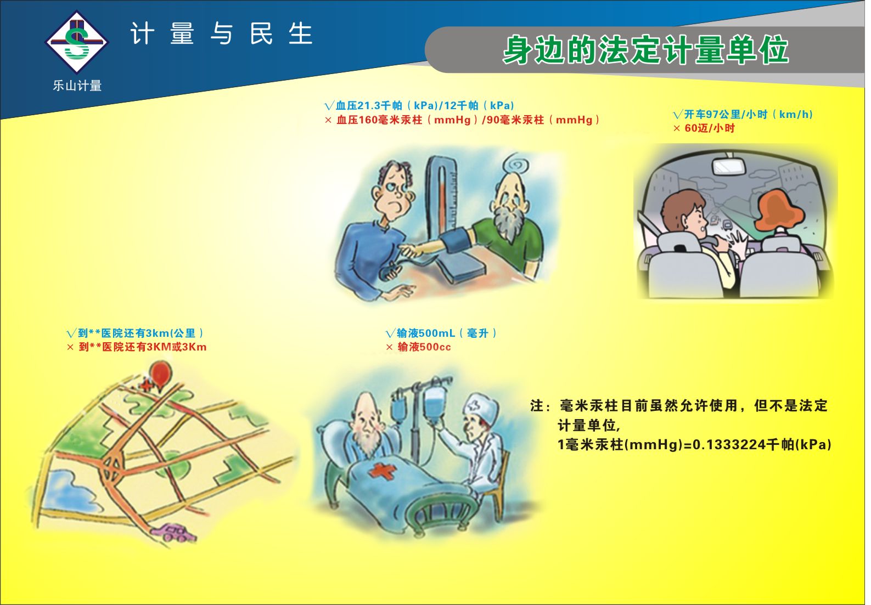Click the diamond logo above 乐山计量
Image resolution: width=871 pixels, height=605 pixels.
coord(77,42)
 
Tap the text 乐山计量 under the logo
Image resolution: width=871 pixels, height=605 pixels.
coord(77,86)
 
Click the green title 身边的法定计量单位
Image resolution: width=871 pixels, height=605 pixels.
coord(646,50)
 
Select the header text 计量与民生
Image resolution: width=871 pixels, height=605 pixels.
coord(221,33)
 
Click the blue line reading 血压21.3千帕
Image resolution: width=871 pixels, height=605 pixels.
coord(419,105)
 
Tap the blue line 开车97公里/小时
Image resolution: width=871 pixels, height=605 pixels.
coord(743,114)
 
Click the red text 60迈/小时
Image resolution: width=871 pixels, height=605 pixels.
coord(704,128)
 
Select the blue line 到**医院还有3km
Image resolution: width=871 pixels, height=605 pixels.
coord(135,333)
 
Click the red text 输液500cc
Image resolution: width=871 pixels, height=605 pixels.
coord(418,347)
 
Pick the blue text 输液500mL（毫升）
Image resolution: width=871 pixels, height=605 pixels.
coord(441,333)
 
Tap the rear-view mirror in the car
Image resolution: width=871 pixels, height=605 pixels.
coord(729,167)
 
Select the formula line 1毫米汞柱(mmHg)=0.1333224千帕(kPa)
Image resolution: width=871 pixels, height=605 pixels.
coord(694,444)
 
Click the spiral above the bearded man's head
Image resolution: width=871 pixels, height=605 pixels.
coord(516,165)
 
